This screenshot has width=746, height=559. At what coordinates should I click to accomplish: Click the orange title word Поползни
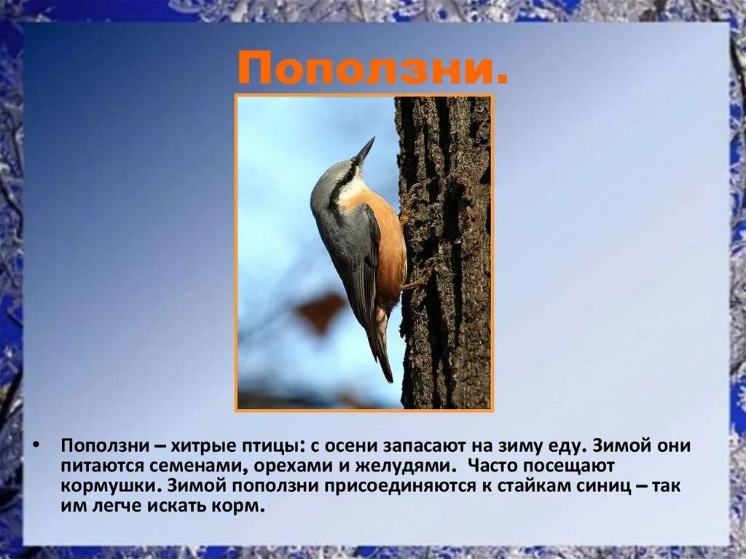372,70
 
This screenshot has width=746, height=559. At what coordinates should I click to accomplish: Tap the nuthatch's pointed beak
364,150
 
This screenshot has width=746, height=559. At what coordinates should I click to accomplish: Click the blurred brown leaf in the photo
321,310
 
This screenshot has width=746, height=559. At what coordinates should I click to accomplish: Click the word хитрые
192,445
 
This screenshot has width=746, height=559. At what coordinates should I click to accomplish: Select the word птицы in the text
266,445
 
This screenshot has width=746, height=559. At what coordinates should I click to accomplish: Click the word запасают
429,445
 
